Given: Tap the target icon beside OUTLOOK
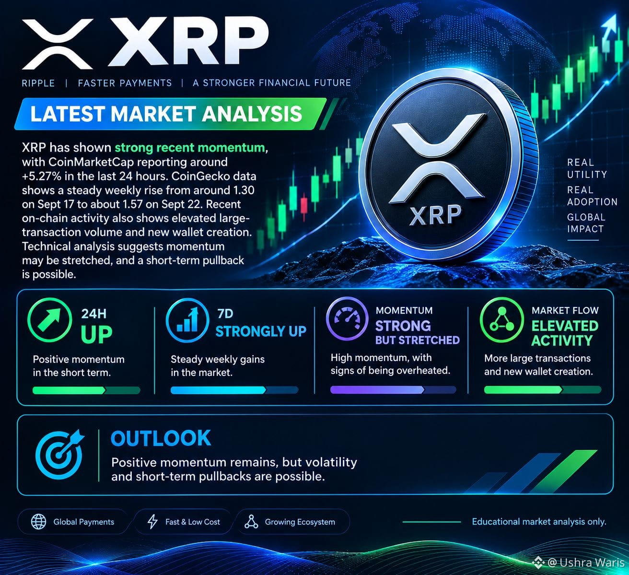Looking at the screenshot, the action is pyautogui.click(x=59, y=454).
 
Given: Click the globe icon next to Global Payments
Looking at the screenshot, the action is pyautogui.click(x=38, y=522).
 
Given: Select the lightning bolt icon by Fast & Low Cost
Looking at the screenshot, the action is pyautogui.click(x=152, y=522).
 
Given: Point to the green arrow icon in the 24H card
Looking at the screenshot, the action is pyautogui.click(x=49, y=320).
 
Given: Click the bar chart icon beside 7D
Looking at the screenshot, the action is pyautogui.click(x=187, y=320).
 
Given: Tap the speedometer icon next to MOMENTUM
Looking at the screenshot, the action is pyautogui.click(x=347, y=317).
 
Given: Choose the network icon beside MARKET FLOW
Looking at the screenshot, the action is pyautogui.click(x=501, y=319).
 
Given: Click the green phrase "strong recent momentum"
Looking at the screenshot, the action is pyautogui.click(x=190, y=147).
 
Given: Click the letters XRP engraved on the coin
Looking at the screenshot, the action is pyautogui.click(x=435, y=215).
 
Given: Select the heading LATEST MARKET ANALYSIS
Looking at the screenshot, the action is pyautogui.click(x=166, y=114).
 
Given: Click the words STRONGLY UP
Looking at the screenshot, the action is pyautogui.click(x=261, y=331).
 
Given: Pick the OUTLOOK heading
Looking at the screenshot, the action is pyautogui.click(x=161, y=438).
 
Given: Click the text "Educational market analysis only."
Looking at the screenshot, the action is pyautogui.click(x=539, y=521).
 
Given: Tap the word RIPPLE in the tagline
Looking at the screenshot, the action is pyautogui.click(x=38, y=83).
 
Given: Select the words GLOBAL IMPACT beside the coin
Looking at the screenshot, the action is pyautogui.click(x=586, y=223).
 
